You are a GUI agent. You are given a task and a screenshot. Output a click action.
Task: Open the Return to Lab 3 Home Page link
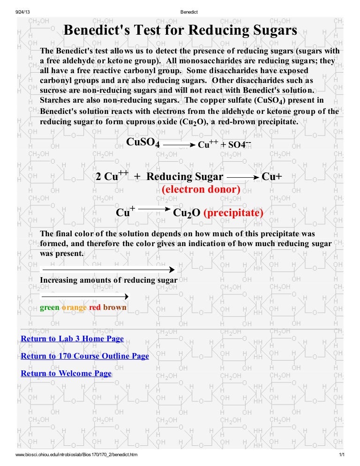72,338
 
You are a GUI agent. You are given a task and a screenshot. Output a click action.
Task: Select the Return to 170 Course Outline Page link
85,356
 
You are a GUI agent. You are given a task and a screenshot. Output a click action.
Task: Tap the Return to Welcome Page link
66,373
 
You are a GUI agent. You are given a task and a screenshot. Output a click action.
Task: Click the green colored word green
50,308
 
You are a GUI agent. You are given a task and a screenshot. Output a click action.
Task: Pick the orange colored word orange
75,308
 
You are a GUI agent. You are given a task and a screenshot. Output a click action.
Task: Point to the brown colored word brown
114,308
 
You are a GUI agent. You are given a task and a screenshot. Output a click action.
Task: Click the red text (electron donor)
201,189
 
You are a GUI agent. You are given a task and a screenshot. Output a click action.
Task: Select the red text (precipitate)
233,213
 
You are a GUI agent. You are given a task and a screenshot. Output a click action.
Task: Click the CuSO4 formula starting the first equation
143,143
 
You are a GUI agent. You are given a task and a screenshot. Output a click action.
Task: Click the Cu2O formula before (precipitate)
187,213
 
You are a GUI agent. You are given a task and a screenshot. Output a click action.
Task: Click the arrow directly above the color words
84,296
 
